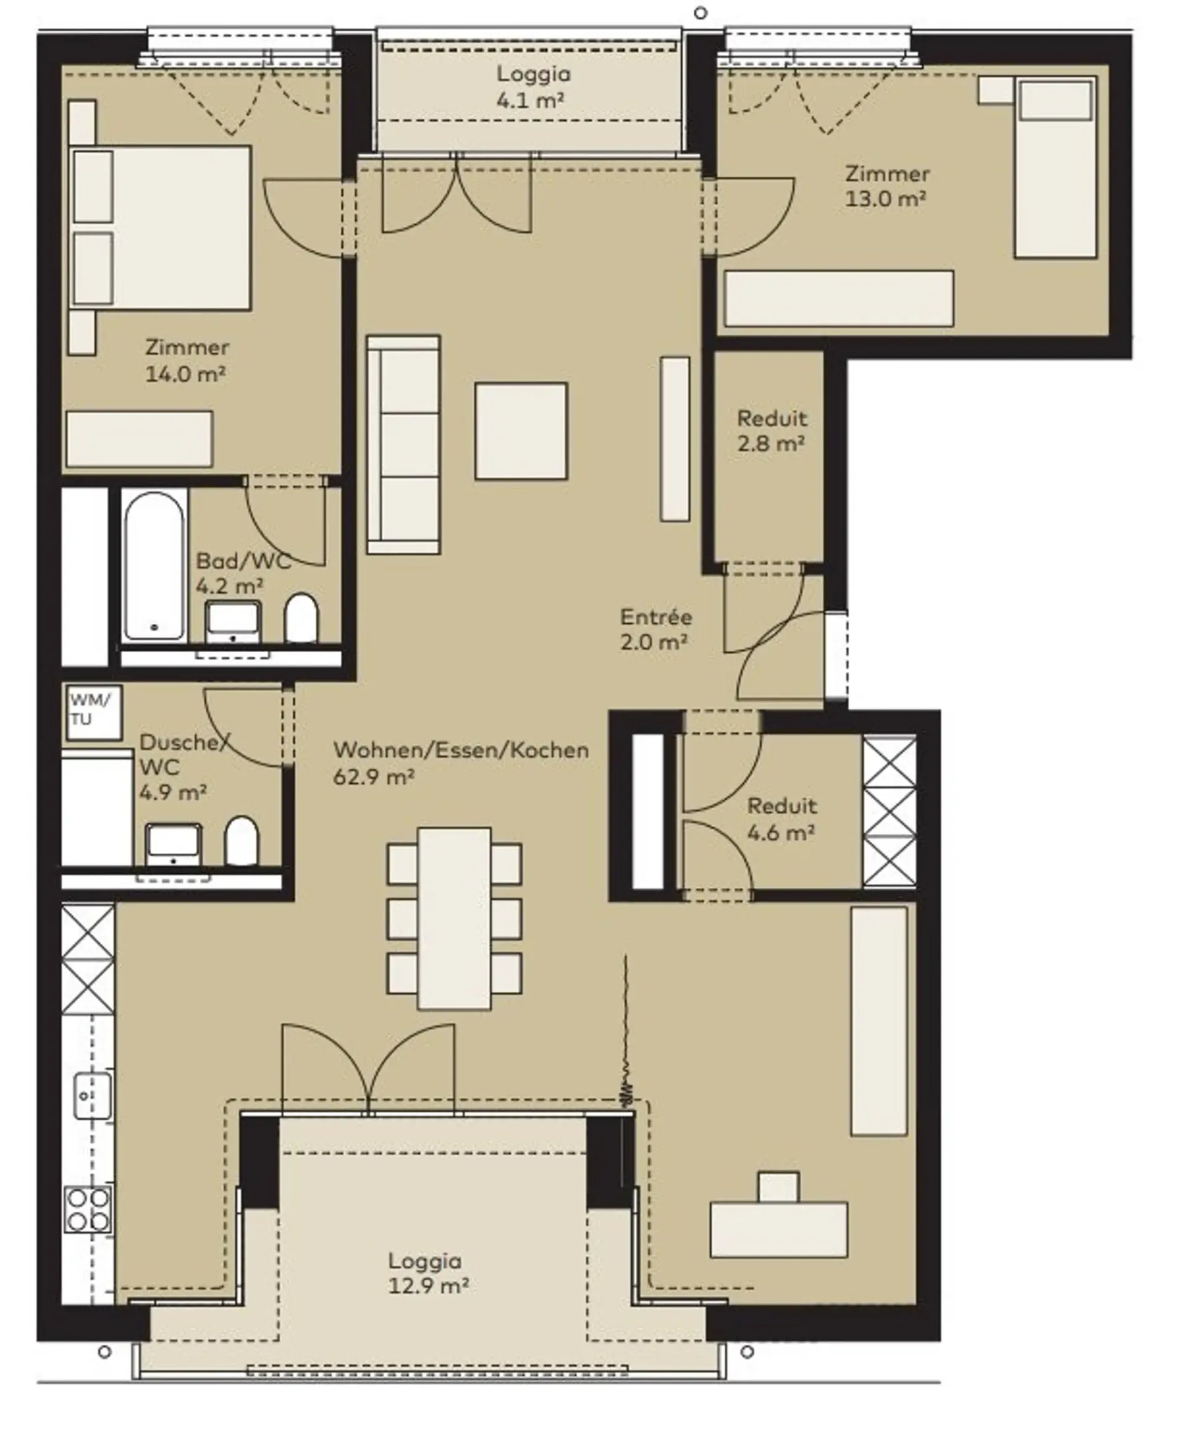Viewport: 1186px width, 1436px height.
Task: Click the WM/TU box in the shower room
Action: (95, 712)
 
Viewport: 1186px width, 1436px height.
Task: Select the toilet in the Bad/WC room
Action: (301, 618)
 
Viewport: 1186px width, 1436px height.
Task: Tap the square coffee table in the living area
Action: (521, 431)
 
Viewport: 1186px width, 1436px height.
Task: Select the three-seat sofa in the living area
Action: (404, 444)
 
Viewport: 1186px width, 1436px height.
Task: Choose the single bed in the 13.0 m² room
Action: (1056, 167)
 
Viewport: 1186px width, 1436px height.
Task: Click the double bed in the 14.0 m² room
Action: (161, 227)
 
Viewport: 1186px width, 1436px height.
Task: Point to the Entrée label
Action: (656, 618)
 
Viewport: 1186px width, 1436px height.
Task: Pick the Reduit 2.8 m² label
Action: (772, 431)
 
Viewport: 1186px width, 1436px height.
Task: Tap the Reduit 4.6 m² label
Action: (781, 819)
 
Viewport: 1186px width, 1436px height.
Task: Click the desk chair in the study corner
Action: (778, 1187)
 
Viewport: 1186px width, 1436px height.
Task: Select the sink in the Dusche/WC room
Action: (174, 844)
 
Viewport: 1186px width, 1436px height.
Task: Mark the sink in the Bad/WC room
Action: (233, 622)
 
